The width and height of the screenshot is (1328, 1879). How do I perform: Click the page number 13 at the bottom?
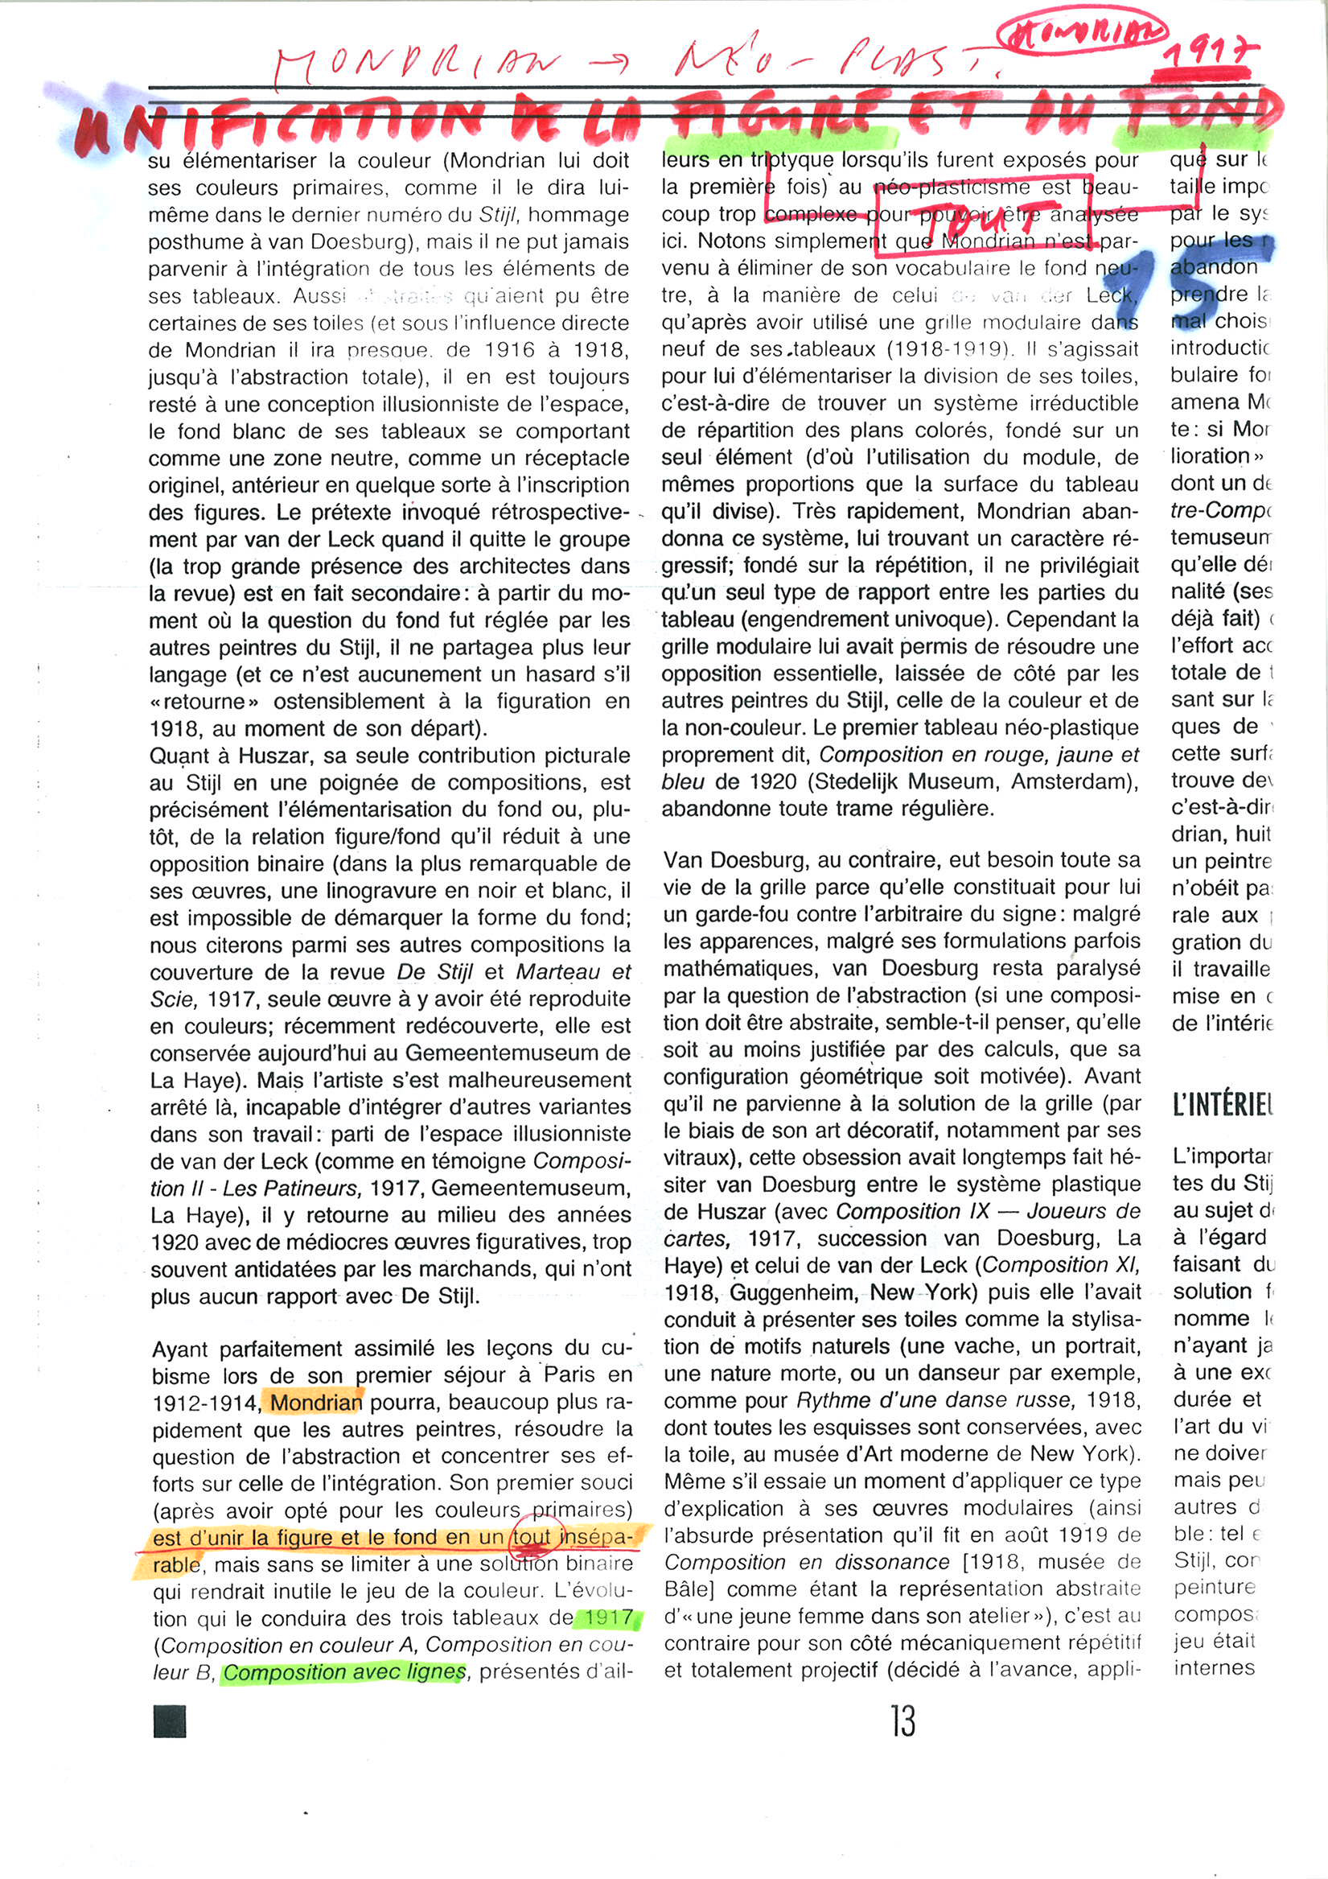coord(902,1720)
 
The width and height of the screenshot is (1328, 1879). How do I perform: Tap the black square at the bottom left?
coord(170,1720)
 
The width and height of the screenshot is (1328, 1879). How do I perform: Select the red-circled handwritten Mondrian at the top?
coord(1082,32)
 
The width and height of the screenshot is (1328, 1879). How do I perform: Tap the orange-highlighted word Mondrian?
coord(316,1403)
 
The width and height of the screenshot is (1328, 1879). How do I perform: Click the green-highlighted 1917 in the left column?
coord(608,1618)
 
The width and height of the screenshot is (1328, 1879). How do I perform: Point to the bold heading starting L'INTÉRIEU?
coord(1222,1106)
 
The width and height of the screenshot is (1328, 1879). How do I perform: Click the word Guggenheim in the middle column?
coord(784,1292)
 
